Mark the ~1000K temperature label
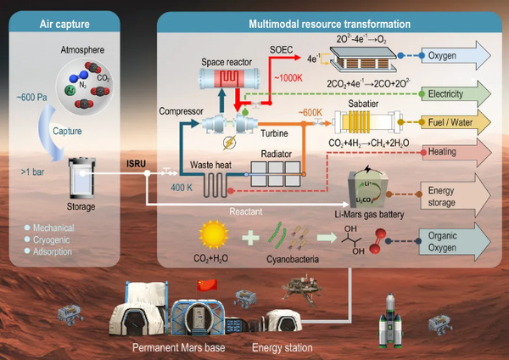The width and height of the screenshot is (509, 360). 288,79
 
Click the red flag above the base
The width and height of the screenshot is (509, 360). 208,286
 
